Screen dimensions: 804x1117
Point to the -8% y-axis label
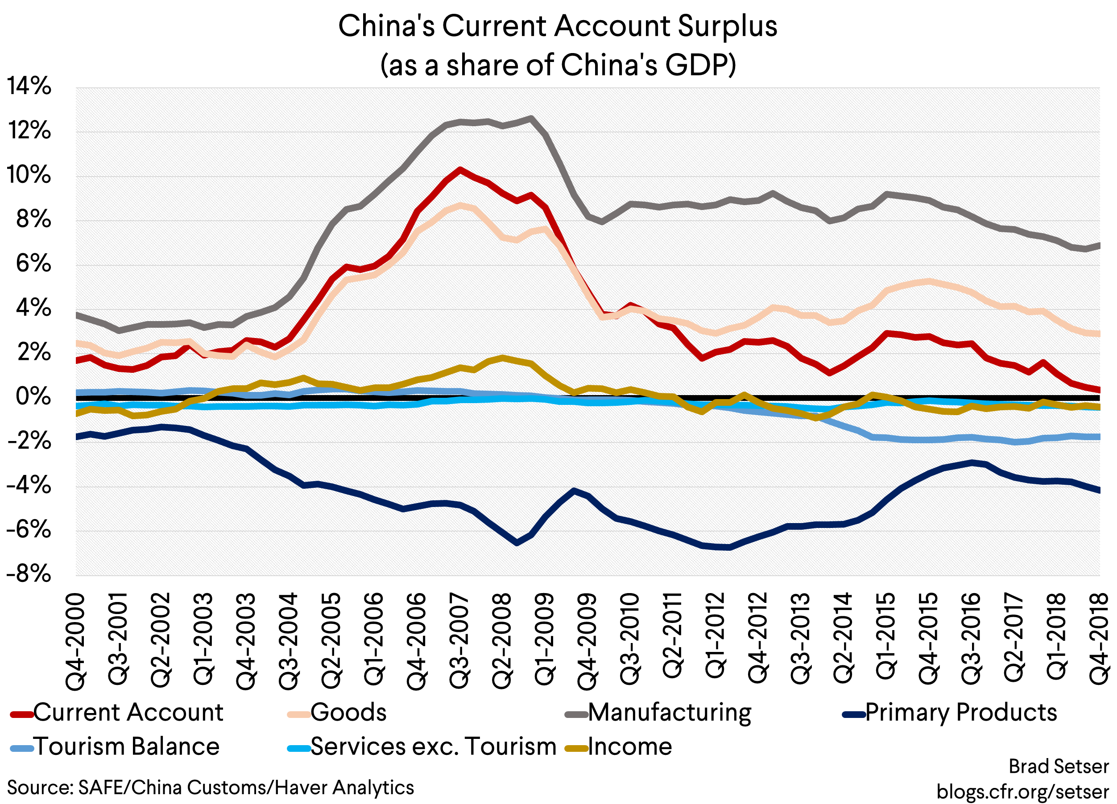point(29,573)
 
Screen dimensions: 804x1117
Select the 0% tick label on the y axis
point(33,396)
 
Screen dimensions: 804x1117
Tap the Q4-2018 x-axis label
point(1099,640)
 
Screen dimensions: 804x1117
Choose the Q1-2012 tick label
point(716,640)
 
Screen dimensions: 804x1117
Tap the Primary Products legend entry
point(960,713)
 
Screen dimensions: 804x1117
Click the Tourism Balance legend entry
point(126,746)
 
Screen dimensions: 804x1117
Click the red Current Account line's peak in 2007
point(459,170)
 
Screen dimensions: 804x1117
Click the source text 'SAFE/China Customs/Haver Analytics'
point(245,787)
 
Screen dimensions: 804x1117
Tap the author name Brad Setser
point(1058,767)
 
